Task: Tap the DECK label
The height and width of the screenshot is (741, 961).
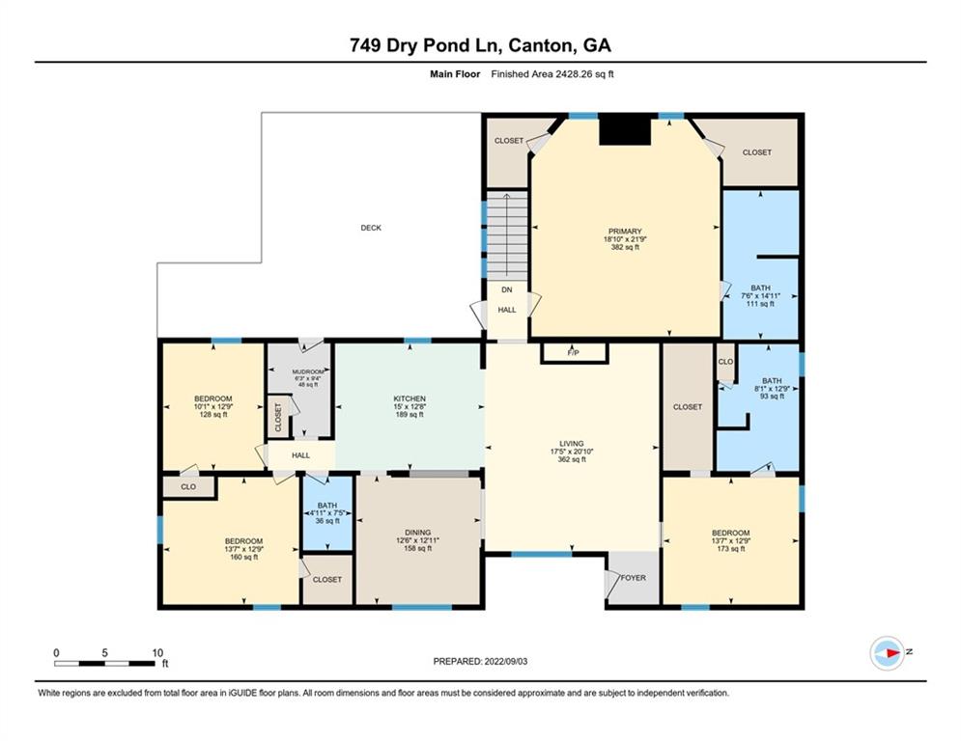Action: click(371, 229)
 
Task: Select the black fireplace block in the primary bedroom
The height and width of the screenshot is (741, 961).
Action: click(625, 129)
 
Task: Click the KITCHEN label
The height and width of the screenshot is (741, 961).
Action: click(410, 398)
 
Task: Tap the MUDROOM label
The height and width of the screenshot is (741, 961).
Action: click(299, 370)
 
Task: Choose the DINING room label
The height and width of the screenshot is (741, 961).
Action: click(417, 532)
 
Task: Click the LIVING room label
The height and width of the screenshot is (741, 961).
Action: click(572, 444)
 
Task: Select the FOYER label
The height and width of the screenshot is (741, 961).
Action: click(634, 578)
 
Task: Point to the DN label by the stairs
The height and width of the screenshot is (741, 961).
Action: click(505, 289)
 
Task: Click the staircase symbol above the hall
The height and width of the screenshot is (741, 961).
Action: click(505, 232)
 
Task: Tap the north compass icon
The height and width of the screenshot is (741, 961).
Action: click(887, 653)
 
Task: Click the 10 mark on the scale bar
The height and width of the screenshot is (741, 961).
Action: click(156, 652)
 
